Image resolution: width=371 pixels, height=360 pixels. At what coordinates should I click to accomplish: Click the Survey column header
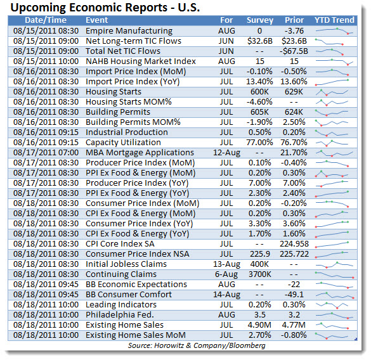tap(260, 20)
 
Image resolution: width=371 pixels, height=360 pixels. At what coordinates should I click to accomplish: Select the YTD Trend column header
tap(334, 20)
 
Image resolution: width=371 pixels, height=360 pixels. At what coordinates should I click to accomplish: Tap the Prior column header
tap(294, 20)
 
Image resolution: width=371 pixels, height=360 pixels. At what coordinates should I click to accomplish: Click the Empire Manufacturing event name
tap(129, 31)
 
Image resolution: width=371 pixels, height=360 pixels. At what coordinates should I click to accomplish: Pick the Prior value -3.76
tap(294, 31)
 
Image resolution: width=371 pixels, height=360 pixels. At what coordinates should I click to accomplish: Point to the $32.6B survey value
tap(260, 41)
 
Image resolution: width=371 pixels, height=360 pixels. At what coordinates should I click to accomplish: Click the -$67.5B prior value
tap(294, 51)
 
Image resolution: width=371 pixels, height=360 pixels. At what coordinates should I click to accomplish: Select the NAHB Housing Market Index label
tap(141, 61)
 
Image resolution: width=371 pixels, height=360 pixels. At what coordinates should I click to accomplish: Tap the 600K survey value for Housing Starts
tap(259, 92)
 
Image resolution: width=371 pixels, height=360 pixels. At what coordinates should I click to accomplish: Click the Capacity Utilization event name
tap(123, 143)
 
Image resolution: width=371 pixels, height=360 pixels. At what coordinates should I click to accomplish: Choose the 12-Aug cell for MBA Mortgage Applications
tap(226, 153)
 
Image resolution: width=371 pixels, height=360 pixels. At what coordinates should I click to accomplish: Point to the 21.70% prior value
tap(294, 153)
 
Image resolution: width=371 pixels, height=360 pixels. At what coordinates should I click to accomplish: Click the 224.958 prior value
tap(294, 244)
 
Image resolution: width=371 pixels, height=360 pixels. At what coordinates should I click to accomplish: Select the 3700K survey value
tap(260, 274)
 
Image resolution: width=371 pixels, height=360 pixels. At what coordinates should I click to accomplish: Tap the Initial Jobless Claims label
tap(126, 264)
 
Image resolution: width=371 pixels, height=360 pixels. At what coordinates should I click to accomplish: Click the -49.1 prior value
tap(294, 295)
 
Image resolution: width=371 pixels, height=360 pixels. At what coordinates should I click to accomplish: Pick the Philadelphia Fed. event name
tap(119, 315)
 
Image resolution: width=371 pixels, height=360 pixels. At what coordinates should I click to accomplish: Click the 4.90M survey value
tap(259, 325)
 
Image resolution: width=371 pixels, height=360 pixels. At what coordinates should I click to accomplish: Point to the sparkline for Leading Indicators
tap(332, 305)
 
